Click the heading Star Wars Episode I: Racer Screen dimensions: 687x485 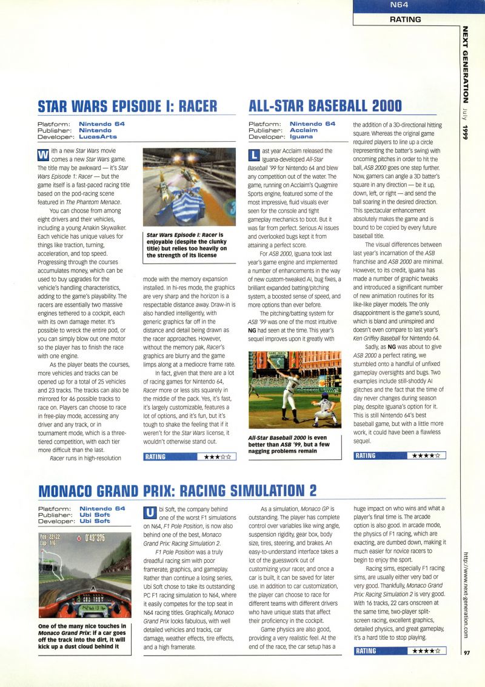tap(127, 106)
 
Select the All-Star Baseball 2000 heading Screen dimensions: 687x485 tap(326, 106)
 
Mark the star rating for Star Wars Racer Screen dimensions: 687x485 tap(217, 457)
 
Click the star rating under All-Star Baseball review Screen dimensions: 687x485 tap(426, 455)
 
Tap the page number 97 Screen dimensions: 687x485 tap(467, 652)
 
